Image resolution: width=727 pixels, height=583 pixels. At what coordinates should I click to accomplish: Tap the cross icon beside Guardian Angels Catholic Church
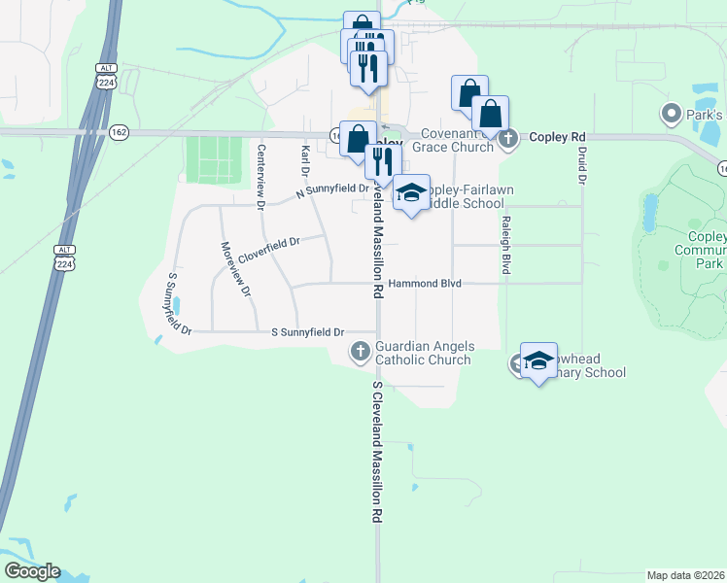[x=361, y=351]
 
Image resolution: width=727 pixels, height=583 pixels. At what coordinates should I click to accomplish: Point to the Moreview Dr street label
[x=235, y=269]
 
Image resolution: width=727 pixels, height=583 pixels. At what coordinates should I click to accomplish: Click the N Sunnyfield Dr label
[x=332, y=191]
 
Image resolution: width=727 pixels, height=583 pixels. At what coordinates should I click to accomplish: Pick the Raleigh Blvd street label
[x=505, y=245]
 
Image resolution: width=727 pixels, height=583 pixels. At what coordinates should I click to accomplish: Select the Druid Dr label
[x=582, y=164]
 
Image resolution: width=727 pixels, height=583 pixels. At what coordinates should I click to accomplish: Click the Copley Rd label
[x=556, y=138]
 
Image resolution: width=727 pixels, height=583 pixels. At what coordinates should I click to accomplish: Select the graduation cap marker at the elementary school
[x=538, y=360]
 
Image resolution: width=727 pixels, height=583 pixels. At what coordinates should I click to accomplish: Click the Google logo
[x=32, y=570]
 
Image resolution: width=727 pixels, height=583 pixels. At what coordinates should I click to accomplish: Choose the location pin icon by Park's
[x=671, y=115]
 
